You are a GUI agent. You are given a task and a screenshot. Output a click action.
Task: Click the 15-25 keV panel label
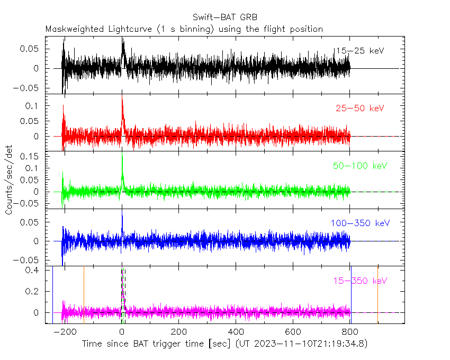point(358,51)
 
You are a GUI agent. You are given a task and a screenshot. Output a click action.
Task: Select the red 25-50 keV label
point(359,109)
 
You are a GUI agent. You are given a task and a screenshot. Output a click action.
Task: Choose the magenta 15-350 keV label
point(360,281)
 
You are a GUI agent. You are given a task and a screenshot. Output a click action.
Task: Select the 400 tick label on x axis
point(236,332)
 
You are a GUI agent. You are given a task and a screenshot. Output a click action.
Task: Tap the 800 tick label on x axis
point(350,332)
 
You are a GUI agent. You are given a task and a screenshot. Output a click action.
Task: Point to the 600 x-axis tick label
point(293,332)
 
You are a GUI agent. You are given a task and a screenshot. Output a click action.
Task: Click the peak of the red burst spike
point(122,91)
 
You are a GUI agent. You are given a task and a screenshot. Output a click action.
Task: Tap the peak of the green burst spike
point(122,154)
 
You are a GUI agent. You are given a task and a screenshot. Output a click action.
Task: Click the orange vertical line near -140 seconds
point(84,294)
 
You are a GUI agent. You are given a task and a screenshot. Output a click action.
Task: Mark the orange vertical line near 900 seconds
point(377,294)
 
